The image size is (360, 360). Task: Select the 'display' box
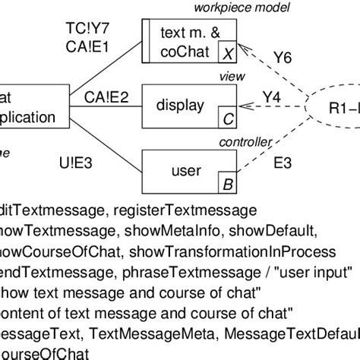pyautogui.click(x=185, y=107)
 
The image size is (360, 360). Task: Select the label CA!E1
pyautogui.click(x=88, y=49)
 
